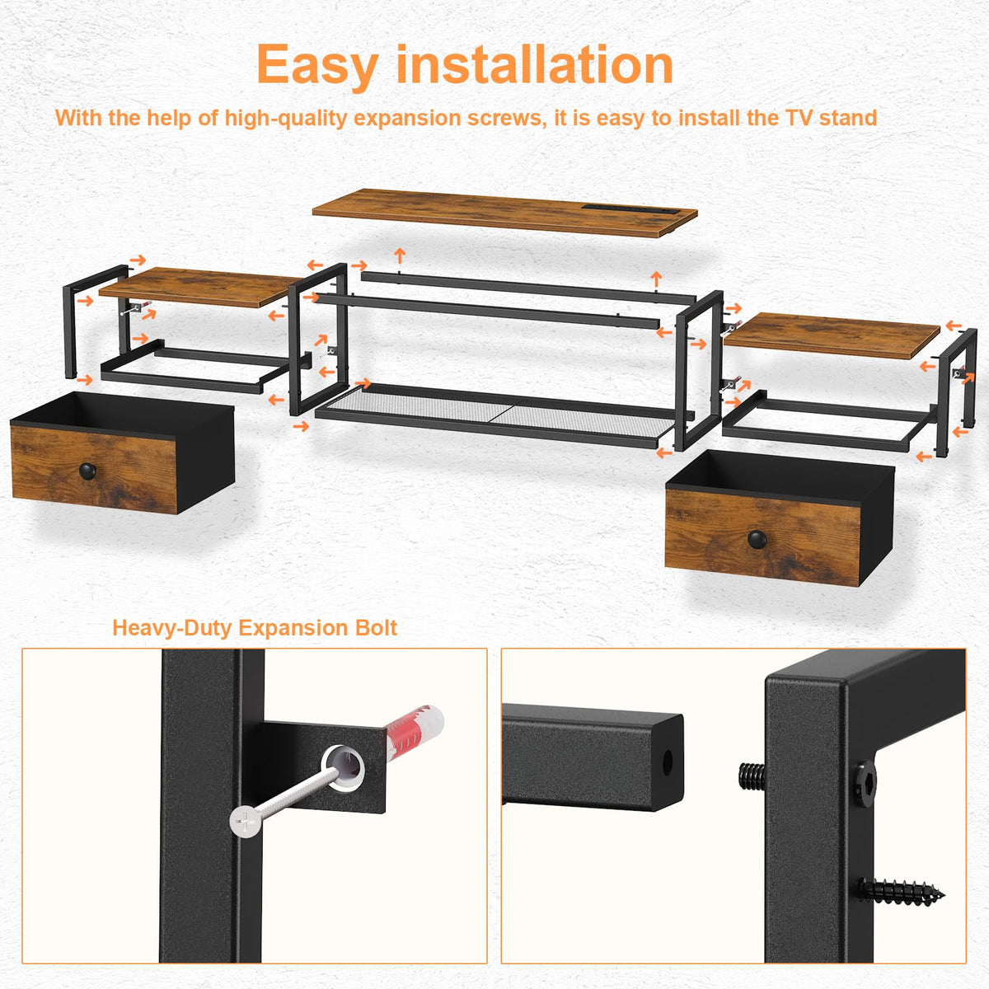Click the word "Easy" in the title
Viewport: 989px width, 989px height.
pyautogui.click(x=317, y=65)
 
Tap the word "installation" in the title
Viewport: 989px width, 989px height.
pyautogui.click(x=534, y=63)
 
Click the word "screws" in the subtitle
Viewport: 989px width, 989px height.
pyautogui.click(x=506, y=118)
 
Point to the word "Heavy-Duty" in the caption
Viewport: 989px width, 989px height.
pyautogui.click(x=172, y=629)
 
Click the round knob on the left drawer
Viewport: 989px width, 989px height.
pyautogui.click(x=87, y=471)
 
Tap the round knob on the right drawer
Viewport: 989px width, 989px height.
pyautogui.click(x=757, y=539)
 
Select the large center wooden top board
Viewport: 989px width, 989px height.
pyautogui.click(x=504, y=213)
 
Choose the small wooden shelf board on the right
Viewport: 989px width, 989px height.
pyautogui.click(x=831, y=336)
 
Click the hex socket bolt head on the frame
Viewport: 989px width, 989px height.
pyautogui.click(x=865, y=784)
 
